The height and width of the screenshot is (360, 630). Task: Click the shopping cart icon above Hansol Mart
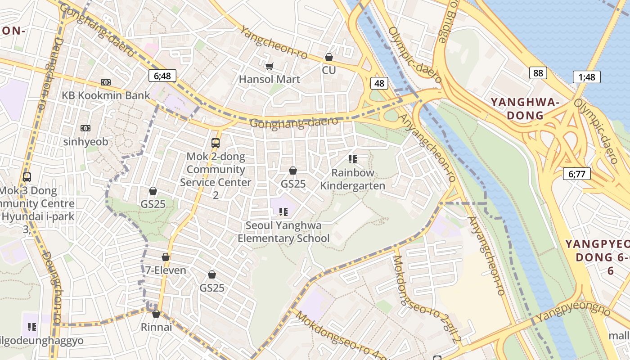[x=269, y=67]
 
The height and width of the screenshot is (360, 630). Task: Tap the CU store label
[x=328, y=70]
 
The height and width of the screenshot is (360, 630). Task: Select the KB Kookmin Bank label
[x=106, y=95]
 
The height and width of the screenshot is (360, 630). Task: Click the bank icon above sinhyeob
[x=85, y=128]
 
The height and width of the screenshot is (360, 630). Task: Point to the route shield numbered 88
[x=538, y=73]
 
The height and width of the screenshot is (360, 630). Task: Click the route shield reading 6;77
[x=576, y=174]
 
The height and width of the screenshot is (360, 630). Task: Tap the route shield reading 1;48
[x=586, y=77]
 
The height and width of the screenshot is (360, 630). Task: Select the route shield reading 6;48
[x=162, y=76]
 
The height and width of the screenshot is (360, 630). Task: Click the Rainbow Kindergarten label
[x=352, y=179]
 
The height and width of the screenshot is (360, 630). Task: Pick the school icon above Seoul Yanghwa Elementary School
[x=283, y=211]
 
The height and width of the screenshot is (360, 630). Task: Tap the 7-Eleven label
[x=166, y=270]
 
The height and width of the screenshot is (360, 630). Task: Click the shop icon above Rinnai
[x=156, y=314]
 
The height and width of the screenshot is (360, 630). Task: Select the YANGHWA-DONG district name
[x=525, y=109]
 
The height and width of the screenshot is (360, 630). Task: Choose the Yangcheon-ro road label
[x=274, y=43]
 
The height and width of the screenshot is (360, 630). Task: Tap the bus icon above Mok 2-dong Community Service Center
[x=216, y=143]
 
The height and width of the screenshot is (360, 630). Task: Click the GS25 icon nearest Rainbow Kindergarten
[x=293, y=171]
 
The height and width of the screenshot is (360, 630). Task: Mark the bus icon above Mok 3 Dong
[x=27, y=177]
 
